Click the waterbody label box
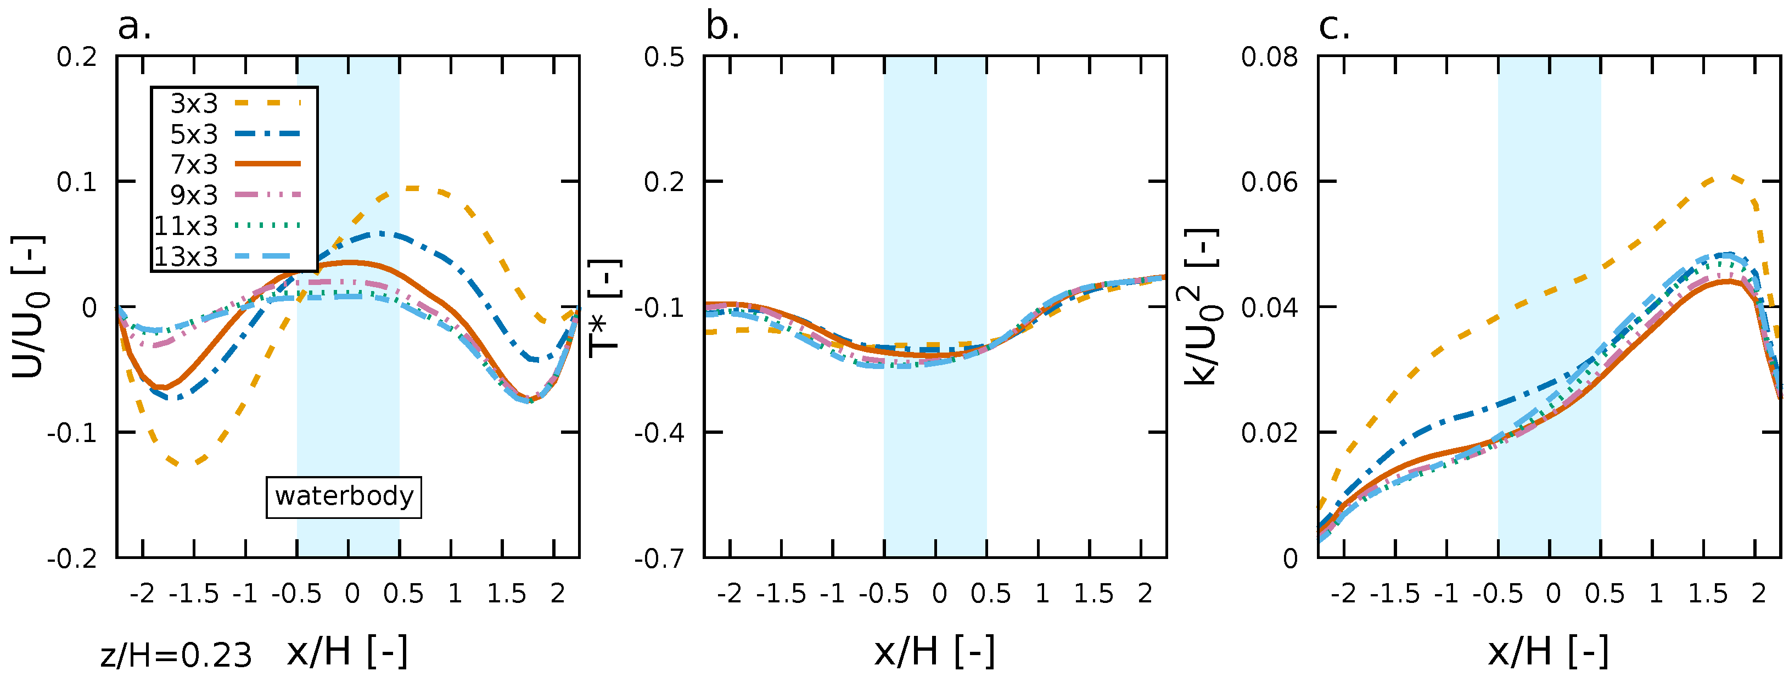pos(344,496)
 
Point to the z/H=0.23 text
pos(176,656)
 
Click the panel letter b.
pos(722,28)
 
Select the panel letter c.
pos(1333,28)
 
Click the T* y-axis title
pos(604,308)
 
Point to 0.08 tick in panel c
pos(1269,56)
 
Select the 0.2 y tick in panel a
pos(76,56)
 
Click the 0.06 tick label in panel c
pos(1269,182)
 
